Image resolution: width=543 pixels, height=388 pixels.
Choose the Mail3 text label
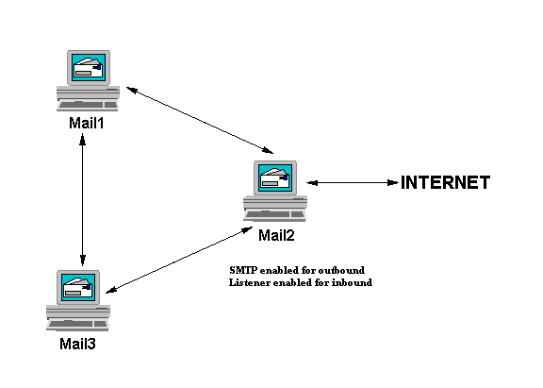click(x=78, y=344)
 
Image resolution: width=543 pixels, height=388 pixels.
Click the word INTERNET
click(x=445, y=183)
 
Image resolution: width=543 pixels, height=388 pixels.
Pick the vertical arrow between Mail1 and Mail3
click(x=84, y=198)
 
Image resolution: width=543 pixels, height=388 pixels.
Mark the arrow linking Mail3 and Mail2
click(x=180, y=259)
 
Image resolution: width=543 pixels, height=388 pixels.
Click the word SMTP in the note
click(x=243, y=270)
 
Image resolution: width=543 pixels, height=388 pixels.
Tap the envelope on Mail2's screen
click(x=275, y=177)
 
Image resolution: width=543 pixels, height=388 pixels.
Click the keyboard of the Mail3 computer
click(x=78, y=324)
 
